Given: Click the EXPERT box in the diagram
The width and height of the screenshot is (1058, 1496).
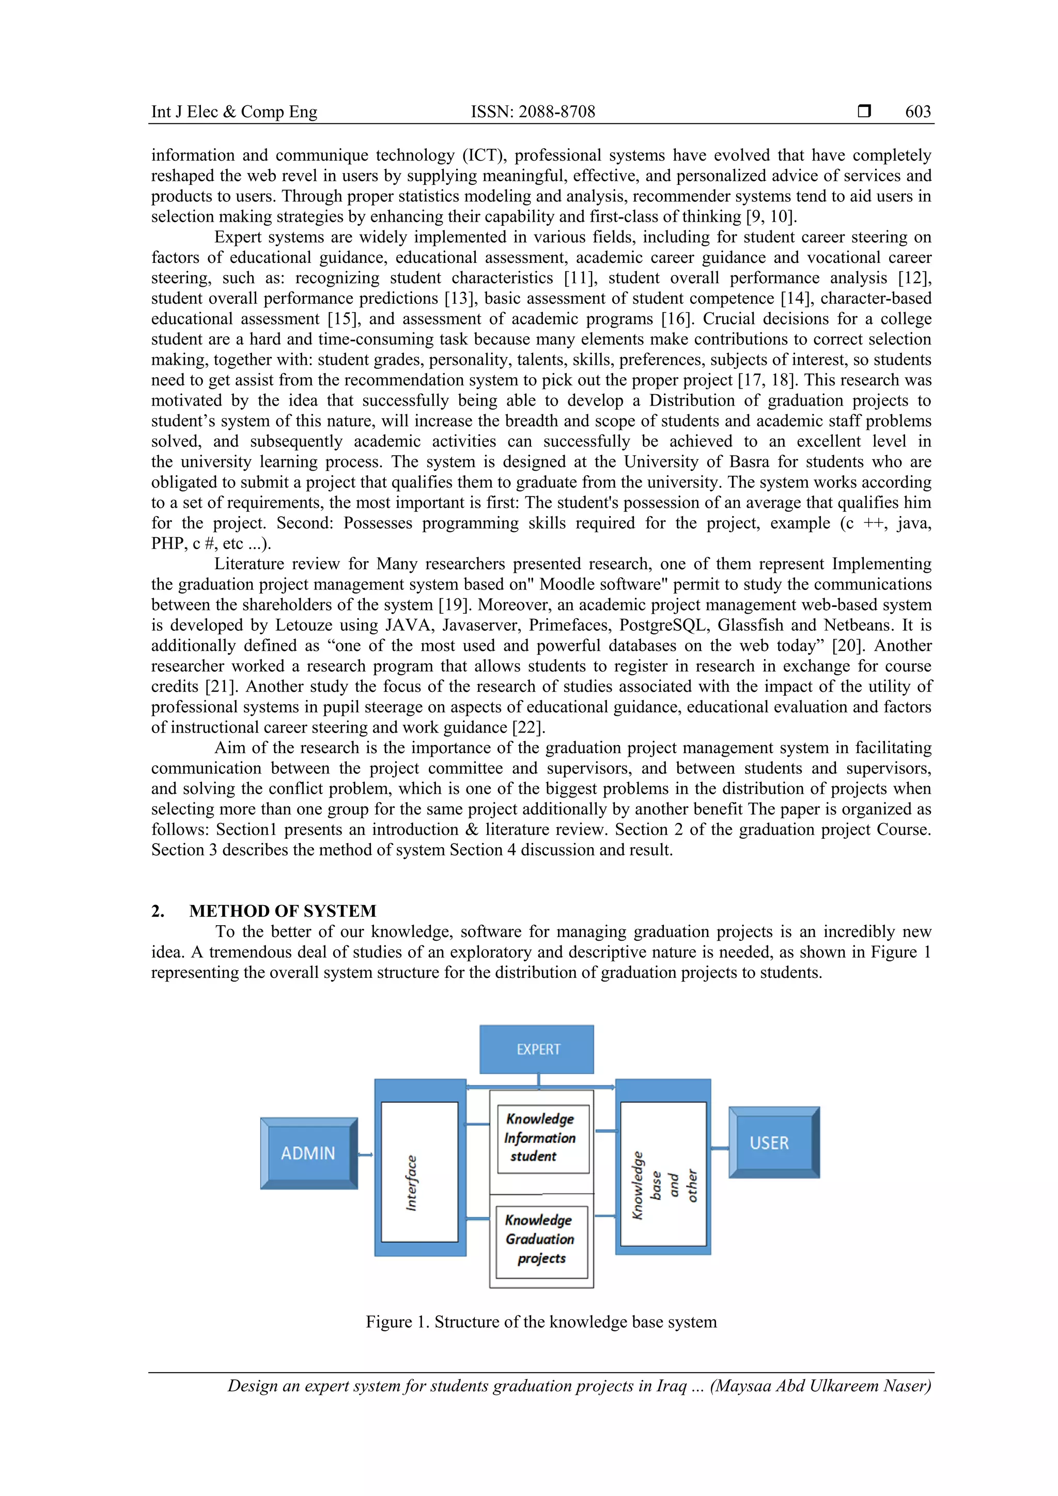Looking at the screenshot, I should pos(537,1049).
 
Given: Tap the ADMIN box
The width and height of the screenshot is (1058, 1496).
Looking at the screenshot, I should pos(308,1154).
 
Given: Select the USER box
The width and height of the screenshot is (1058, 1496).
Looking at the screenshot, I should pos(773,1143).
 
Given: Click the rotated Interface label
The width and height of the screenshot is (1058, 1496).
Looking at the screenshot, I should pos(412,1182).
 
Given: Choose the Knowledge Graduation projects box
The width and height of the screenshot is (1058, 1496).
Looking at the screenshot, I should pos(541,1239).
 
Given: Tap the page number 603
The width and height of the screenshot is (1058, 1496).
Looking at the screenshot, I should pos(917,112).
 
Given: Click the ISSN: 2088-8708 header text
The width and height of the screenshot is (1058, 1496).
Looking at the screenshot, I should pos(533,112).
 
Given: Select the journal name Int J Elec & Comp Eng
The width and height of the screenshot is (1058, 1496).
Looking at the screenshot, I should pos(234,112).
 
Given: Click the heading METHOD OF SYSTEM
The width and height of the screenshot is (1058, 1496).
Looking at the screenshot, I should pos(283,911).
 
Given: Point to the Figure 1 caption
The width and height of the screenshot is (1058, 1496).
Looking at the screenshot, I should pos(541,1321).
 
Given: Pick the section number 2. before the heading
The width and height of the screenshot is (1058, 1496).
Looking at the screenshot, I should pos(158,911).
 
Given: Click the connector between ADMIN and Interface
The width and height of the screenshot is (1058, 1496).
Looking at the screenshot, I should pos(365,1155).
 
